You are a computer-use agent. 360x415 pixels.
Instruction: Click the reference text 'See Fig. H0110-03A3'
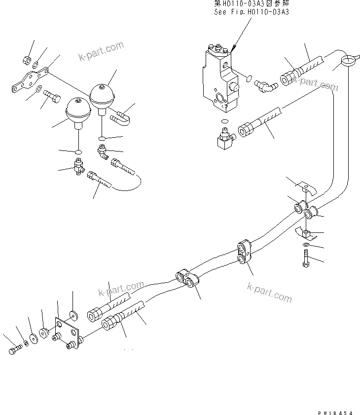coord(252,12)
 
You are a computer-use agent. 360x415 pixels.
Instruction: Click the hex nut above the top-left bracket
coord(27,61)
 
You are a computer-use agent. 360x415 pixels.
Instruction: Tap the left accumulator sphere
coord(77,110)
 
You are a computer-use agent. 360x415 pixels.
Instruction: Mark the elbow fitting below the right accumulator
coord(102,151)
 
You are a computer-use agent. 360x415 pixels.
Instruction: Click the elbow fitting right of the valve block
coord(265,86)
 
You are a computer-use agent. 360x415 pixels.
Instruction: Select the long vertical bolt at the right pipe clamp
coord(306,260)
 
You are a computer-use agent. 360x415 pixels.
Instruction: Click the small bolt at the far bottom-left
coord(15,350)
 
